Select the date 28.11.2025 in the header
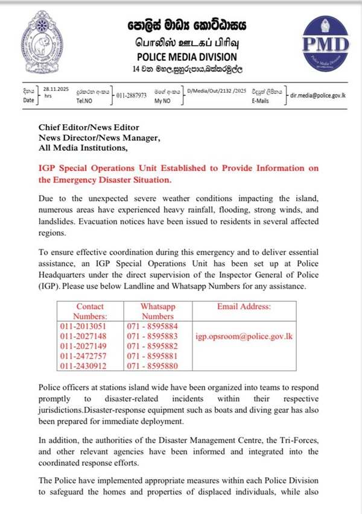point(57,89)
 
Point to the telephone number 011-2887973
point(131,95)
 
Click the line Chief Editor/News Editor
point(89,127)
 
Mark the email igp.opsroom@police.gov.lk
point(244,336)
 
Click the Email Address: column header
point(244,307)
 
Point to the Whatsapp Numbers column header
point(157,311)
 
